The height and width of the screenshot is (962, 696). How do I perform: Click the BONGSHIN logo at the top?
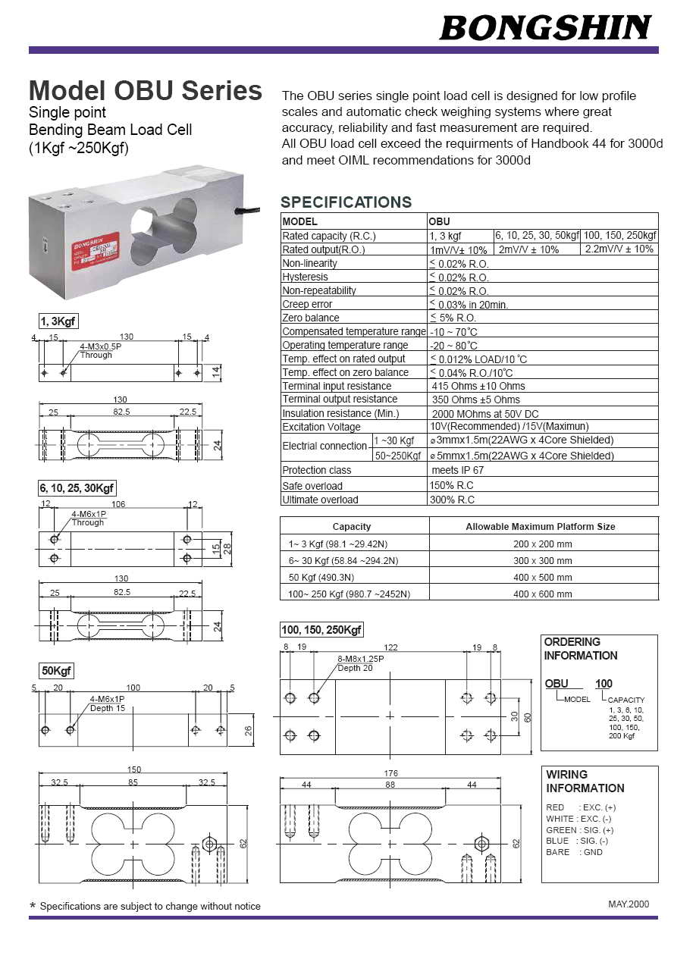tap(545, 28)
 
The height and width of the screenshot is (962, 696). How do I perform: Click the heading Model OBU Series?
tap(145, 91)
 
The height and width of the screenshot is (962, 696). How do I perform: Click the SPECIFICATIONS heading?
tap(346, 202)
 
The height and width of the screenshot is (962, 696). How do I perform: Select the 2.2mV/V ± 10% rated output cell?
tap(619, 249)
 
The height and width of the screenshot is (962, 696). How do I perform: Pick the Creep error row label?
tap(307, 304)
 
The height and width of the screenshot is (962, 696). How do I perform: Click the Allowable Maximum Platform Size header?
tap(540, 526)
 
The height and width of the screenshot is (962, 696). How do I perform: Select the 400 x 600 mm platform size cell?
tap(542, 594)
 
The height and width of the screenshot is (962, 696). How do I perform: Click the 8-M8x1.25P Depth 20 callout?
tap(360, 663)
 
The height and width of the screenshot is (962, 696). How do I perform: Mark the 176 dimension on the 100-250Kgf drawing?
tap(390, 773)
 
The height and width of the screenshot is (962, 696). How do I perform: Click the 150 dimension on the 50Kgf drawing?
tap(133, 769)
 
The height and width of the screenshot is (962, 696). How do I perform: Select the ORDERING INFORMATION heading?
tap(580, 649)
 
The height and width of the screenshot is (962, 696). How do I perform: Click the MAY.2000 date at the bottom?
tap(629, 904)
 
